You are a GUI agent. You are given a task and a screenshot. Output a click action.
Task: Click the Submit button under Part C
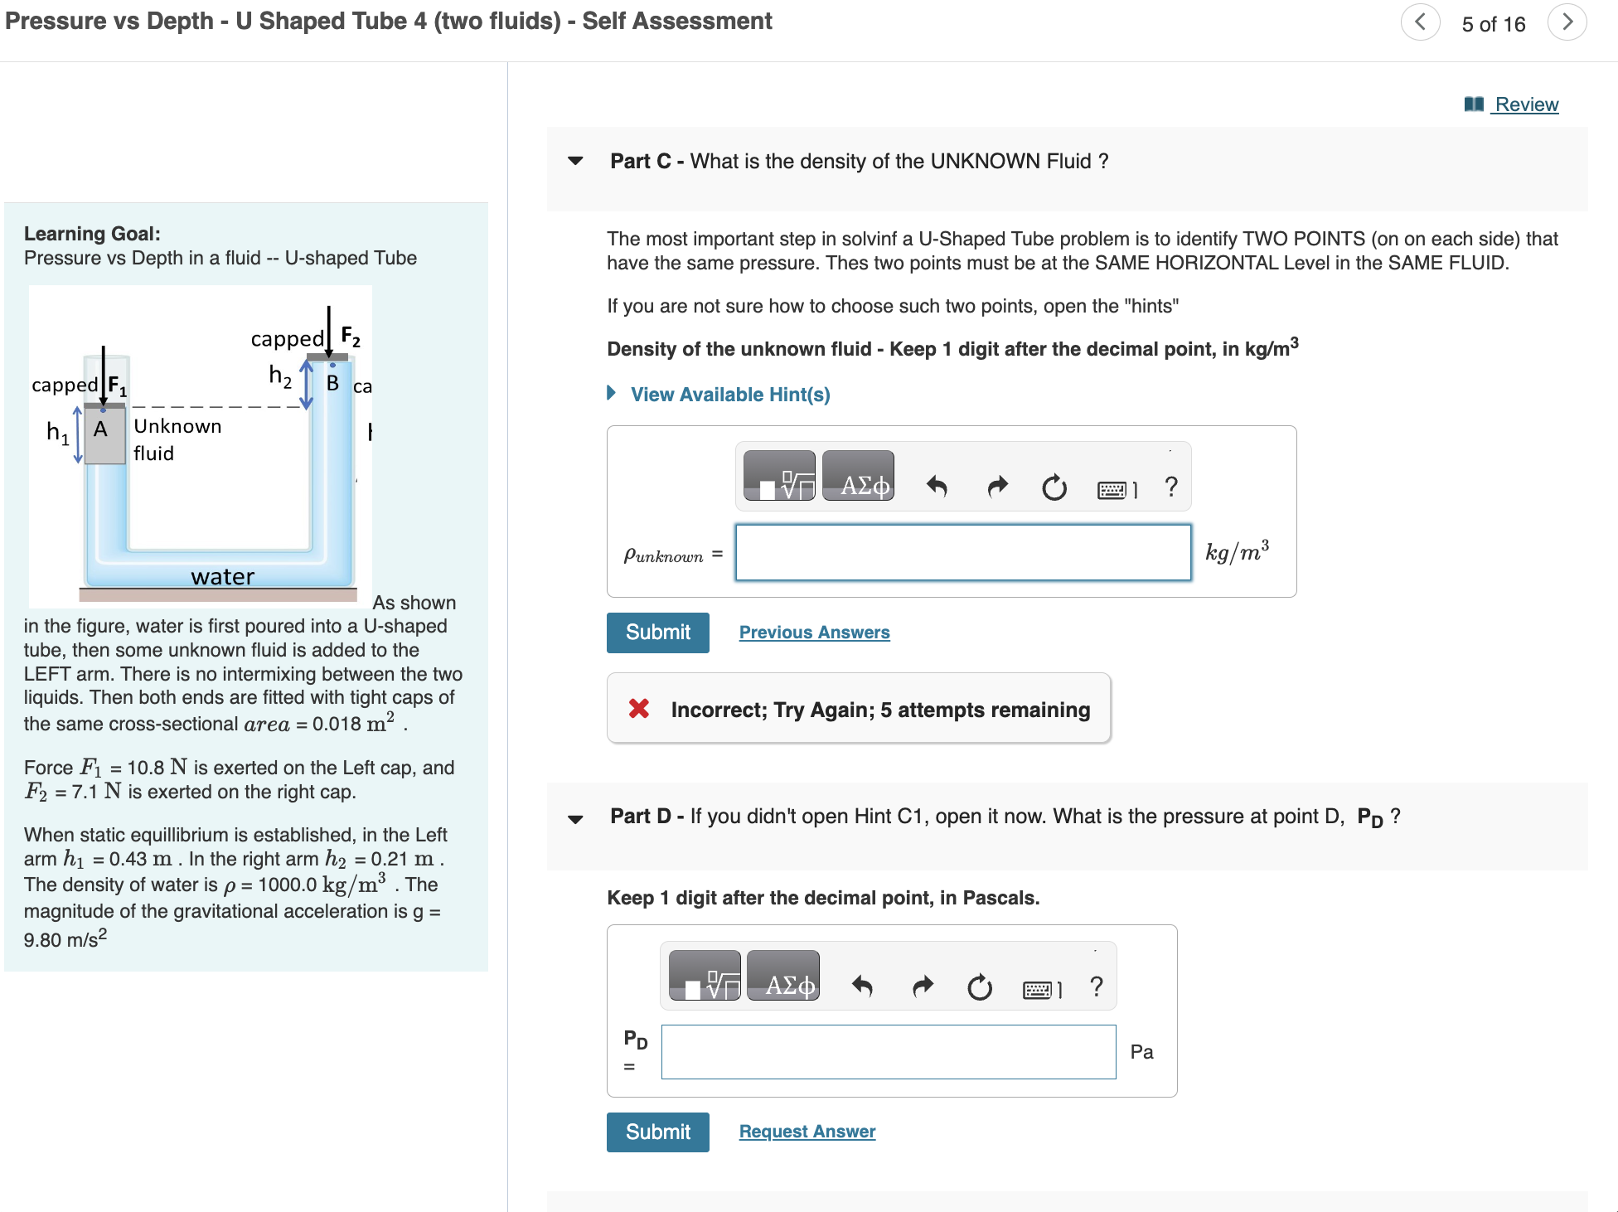click(x=657, y=633)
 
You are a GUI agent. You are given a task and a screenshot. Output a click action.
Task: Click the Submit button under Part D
click(x=657, y=1132)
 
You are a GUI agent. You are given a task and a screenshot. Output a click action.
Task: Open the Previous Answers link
click(x=814, y=633)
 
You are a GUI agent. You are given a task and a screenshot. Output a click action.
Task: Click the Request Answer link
click(x=807, y=1132)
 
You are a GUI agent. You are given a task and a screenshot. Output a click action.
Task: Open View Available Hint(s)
click(x=729, y=395)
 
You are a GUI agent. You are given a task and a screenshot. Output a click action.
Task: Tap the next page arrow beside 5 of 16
click(x=1567, y=22)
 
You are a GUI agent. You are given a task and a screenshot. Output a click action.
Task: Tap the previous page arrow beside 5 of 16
click(x=1420, y=22)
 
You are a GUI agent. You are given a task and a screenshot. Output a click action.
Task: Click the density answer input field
click(x=962, y=552)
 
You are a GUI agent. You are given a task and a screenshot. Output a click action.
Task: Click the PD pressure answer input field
click(x=888, y=1052)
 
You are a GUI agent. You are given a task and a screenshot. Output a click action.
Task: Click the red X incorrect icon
click(x=638, y=709)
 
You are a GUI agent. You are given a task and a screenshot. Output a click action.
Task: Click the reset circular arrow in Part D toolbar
click(x=979, y=987)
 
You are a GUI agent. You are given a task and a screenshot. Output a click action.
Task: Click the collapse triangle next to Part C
click(x=575, y=161)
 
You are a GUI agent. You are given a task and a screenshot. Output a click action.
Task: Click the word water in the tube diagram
click(x=222, y=577)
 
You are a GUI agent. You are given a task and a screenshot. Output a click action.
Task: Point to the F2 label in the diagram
click(x=350, y=337)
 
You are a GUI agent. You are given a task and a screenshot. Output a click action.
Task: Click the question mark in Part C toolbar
click(x=1170, y=487)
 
